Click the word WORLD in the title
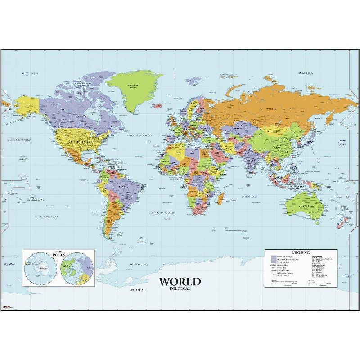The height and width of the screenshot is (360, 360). click(179, 282)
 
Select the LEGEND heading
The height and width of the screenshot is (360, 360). click(301, 252)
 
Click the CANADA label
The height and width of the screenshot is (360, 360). click(82, 116)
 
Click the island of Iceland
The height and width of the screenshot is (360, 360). click(157, 106)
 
